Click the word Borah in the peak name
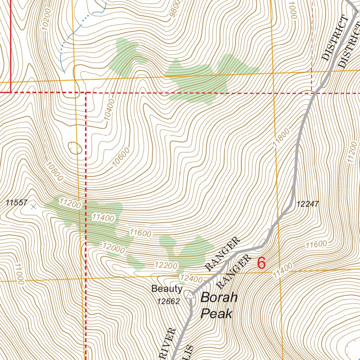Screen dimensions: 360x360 tap(219, 298)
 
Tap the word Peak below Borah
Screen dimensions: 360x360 tap(216, 313)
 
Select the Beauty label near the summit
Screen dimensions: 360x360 tap(167, 289)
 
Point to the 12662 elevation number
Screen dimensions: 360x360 tap(168, 301)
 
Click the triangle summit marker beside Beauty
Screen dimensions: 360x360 tap(190, 295)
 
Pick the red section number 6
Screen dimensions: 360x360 tap(261, 263)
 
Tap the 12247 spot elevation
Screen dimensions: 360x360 tap(307, 204)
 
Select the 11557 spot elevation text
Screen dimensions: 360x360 tap(17, 202)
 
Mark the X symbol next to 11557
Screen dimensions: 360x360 tap(33, 206)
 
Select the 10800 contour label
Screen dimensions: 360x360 tap(54, 171)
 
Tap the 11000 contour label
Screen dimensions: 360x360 tap(19, 275)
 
